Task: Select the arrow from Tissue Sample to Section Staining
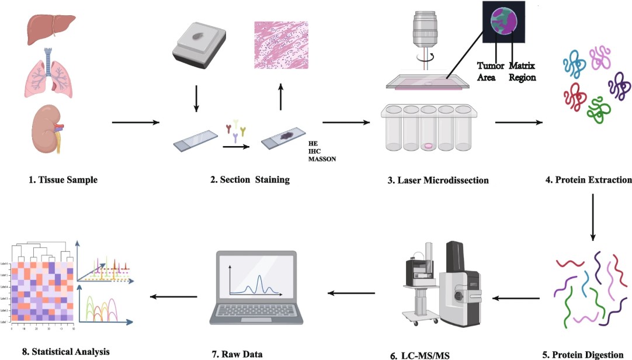coord(136,123)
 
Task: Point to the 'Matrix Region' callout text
coord(522,71)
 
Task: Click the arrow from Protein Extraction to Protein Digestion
coord(593,216)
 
